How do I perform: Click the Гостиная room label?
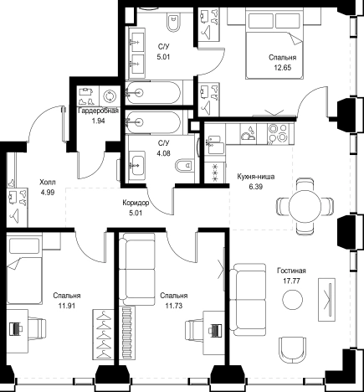(291, 271)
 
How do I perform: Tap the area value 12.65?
(282, 68)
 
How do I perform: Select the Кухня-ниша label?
(256, 177)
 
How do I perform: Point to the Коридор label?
(136, 203)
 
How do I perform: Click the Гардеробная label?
(99, 111)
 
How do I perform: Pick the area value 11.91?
(67, 306)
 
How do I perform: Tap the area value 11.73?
(174, 306)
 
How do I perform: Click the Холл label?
(48, 183)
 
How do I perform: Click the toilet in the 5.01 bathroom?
(174, 23)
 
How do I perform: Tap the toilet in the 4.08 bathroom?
(184, 166)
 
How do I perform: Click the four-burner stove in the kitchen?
(278, 133)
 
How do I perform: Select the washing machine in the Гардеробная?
(110, 96)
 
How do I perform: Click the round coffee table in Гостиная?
(292, 299)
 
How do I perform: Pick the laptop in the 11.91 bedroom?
(16, 328)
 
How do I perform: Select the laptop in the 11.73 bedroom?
(215, 330)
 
